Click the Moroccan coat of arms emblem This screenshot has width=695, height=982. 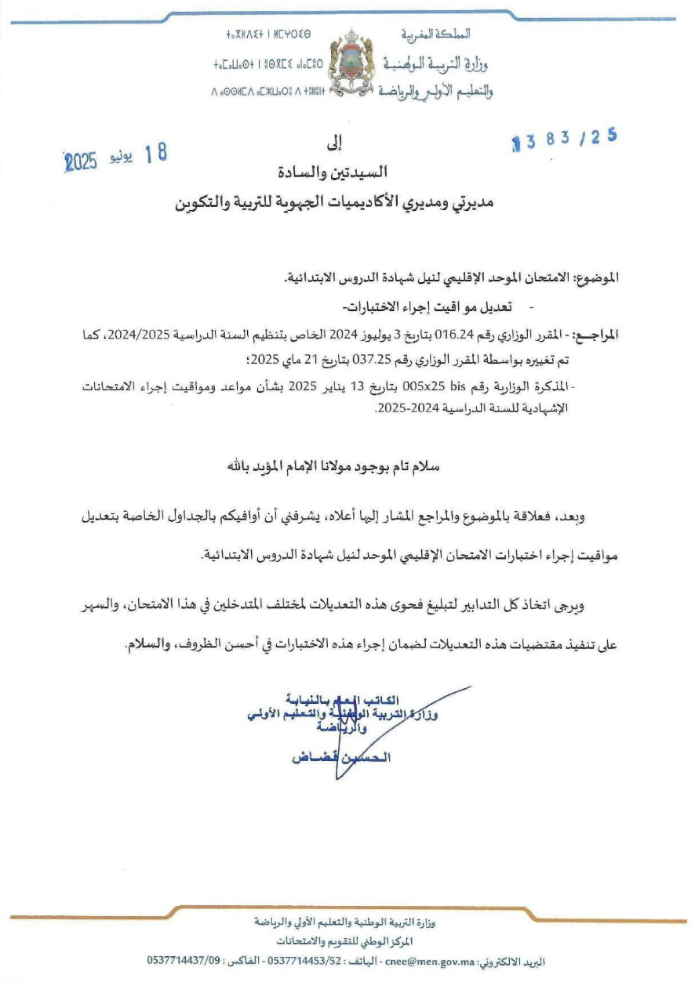[347, 63]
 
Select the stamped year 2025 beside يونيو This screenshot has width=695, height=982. [80, 161]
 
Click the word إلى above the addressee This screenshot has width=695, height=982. [335, 146]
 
